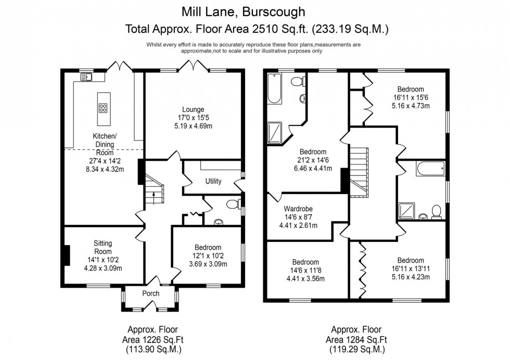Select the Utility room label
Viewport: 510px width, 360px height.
pyautogui.click(x=213, y=182)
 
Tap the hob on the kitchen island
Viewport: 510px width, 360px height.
pyautogui.click(x=103, y=108)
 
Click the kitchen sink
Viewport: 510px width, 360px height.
pyautogui.click(x=86, y=77)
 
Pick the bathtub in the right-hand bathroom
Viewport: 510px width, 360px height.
pyautogui.click(x=429, y=169)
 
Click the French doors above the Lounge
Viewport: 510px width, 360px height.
pyautogui.click(x=193, y=66)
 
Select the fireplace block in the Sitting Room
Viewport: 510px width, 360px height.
pyautogui.click(x=66, y=255)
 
